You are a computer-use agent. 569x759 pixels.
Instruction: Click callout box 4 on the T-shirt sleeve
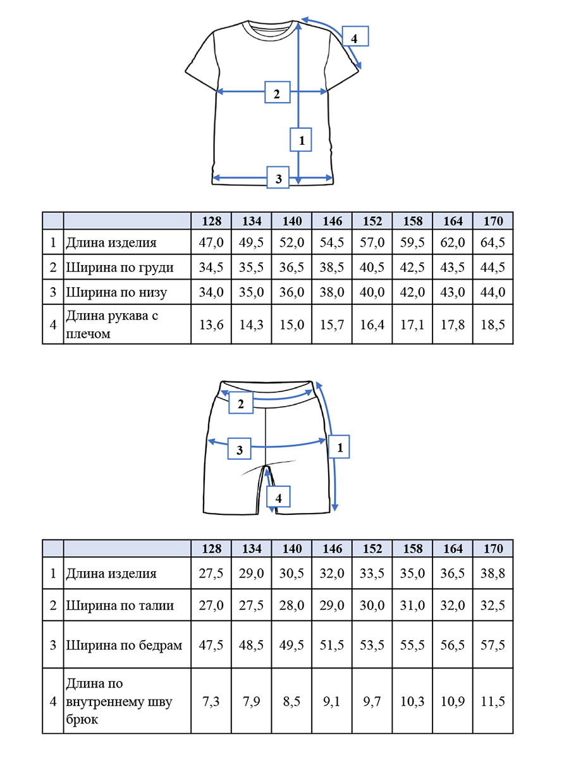(x=355, y=36)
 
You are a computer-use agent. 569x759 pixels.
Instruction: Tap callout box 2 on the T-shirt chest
(x=277, y=92)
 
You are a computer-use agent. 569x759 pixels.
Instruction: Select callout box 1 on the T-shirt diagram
(x=300, y=140)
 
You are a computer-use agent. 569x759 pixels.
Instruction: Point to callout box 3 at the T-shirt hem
(x=278, y=177)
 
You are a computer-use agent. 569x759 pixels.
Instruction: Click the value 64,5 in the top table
(x=493, y=242)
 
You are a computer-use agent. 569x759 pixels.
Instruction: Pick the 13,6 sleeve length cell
(x=211, y=324)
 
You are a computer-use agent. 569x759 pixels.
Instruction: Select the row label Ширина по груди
(x=119, y=268)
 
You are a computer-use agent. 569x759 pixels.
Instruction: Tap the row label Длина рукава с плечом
(x=112, y=324)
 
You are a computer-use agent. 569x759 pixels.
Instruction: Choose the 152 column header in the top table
(x=372, y=221)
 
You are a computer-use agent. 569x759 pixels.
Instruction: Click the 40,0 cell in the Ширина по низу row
(x=372, y=292)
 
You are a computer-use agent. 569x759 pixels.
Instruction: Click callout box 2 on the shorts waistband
(x=241, y=403)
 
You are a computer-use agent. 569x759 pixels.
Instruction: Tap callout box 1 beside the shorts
(x=339, y=447)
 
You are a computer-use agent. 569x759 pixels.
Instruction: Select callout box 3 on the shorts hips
(x=240, y=449)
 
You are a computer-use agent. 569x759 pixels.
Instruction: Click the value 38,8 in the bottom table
(x=493, y=573)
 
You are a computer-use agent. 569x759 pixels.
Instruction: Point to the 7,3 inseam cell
(x=211, y=701)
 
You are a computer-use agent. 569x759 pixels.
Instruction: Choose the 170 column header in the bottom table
(x=493, y=548)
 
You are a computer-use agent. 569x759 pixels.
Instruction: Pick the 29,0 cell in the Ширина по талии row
(x=332, y=605)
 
